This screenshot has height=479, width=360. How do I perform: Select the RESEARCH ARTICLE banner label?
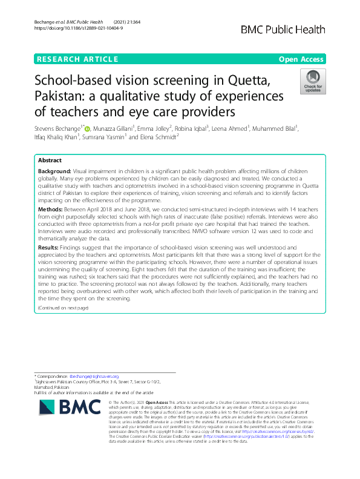(77, 59)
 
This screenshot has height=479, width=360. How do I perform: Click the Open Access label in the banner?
(302, 59)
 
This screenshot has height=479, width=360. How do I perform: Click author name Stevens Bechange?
(59, 128)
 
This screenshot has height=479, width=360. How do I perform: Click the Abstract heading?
(50, 161)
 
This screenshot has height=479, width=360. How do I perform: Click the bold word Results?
(48, 248)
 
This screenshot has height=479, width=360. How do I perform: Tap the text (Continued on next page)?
(63, 308)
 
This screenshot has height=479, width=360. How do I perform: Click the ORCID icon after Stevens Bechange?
(87, 129)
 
